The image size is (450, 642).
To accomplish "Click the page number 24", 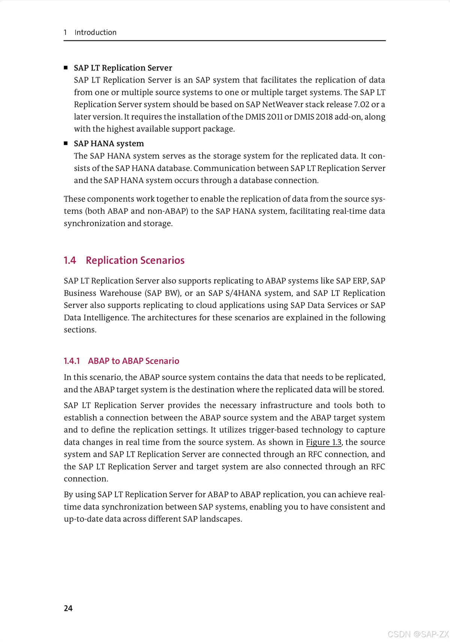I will point(68,608).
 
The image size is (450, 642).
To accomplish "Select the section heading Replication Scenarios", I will point(135,260).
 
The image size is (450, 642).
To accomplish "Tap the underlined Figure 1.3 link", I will point(324,442).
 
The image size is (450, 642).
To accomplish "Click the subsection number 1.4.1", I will point(72,361).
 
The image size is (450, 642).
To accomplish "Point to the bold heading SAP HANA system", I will point(109,144).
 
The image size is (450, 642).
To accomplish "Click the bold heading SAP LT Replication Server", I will point(123,68).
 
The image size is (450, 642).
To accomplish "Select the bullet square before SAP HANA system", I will point(66,143).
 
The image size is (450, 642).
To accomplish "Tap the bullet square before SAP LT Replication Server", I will point(66,67).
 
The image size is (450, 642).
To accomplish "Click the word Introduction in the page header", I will point(95,32).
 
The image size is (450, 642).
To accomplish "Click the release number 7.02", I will point(361,104).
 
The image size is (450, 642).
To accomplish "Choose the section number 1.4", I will point(70,260).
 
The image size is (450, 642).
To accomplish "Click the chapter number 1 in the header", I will point(65,32).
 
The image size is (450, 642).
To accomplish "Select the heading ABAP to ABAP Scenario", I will point(133,361).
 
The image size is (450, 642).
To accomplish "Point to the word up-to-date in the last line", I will point(82,519).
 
